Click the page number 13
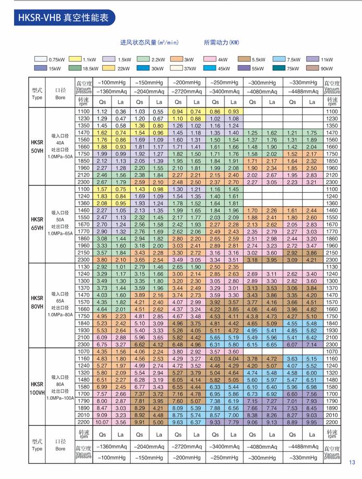[x=352, y=462]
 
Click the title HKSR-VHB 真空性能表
[x=63, y=17]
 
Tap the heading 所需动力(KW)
[x=221, y=43]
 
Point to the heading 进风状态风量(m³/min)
[x=149, y=43]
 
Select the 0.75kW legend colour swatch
[x=41, y=59]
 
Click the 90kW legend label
[x=327, y=68]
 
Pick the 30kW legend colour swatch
[x=143, y=68]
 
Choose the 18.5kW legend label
[x=91, y=68]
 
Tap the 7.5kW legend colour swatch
[x=279, y=59]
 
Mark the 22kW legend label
[x=124, y=68]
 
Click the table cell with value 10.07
[x=102, y=422]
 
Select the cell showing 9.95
[x=311, y=422]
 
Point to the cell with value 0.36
[x=121, y=111]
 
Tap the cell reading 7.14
[x=311, y=345]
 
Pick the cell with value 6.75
[x=102, y=345]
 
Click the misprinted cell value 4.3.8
[x=252, y=317]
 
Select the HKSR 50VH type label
[x=37, y=146]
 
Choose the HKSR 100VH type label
[x=37, y=388]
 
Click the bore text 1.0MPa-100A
[x=60, y=398]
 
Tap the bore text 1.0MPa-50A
[x=60, y=157]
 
